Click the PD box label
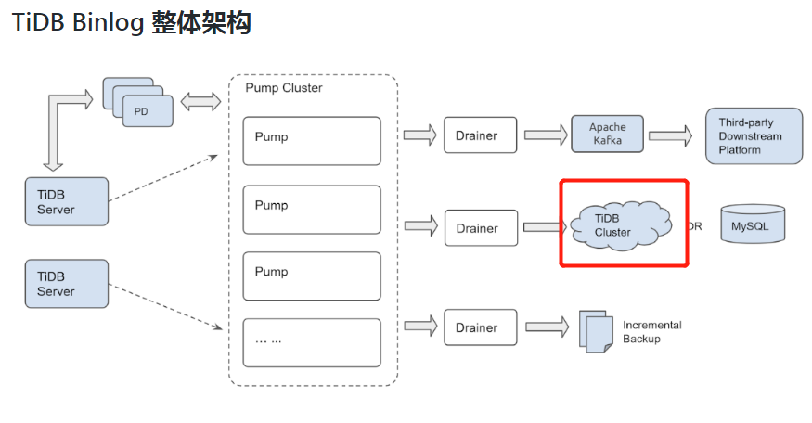(x=141, y=111)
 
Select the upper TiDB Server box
(x=67, y=202)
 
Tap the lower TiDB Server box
(x=67, y=284)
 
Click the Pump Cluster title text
(x=284, y=88)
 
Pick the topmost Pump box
(x=312, y=140)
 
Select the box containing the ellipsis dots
(x=312, y=342)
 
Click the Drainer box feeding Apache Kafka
(x=481, y=135)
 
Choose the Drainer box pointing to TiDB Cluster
(x=481, y=228)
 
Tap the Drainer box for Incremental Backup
(x=481, y=327)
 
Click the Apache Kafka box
(x=608, y=135)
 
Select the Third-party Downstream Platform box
(x=754, y=136)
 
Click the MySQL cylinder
(x=752, y=224)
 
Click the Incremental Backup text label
(x=651, y=332)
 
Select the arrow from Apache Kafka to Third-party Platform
(x=670, y=135)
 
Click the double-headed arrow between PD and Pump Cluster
(x=200, y=101)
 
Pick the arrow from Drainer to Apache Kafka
(x=546, y=135)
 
